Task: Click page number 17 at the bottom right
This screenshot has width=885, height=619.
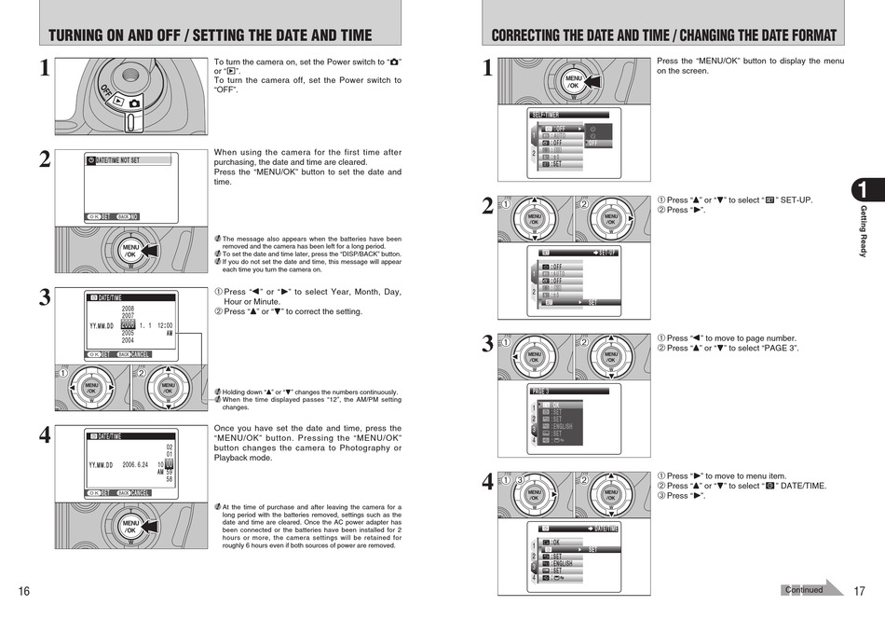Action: [x=860, y=591]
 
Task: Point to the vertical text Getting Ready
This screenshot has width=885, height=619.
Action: [x=863, y=231]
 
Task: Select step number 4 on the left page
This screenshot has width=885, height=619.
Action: [x=44, y=435]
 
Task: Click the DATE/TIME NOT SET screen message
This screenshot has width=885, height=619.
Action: [x=117, y=160]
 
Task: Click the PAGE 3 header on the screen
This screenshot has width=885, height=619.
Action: [x=541, y=392]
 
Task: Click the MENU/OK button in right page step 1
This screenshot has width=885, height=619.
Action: [x=574, y=81]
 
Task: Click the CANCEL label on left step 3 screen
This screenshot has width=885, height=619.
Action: [x=140, y=354]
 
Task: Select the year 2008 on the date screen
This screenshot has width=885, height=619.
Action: [x=128, y=309]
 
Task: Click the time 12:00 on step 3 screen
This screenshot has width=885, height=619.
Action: [x=163, y=325]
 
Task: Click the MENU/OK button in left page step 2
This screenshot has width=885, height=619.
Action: [x=129, y=251]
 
